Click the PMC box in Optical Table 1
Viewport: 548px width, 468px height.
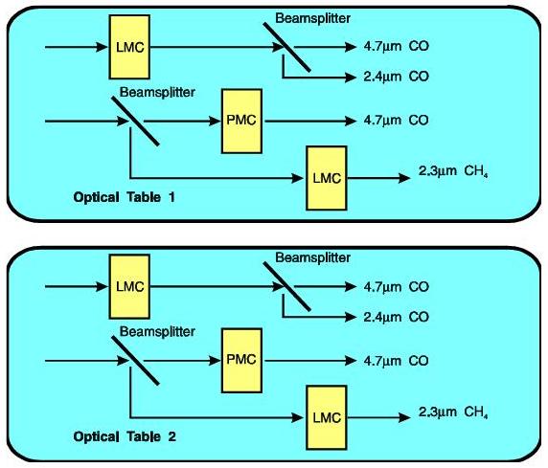pyautogui.click(x=241, y=121)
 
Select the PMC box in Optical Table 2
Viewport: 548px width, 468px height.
pyautogui.click(x=241, y=360)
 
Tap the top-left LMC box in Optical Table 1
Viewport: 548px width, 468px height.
pyautogui.click(x=129, y=47)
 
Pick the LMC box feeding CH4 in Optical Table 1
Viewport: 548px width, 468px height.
pyautogui.click(x=327, y=178)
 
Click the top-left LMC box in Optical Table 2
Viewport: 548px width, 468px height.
pyautogui.click(x=129, y=286)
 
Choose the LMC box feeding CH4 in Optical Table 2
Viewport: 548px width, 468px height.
pyautogui.click(x=327, y=417)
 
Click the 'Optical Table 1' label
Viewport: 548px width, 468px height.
pyautogui.click(x=125, y=197)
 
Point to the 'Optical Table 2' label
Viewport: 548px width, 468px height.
pyautogui.click(x=125, y=436)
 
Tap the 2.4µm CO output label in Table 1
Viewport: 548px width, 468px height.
pyautogui.click(x=396, y=77)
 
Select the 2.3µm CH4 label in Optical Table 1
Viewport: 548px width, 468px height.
pyautogui.click(x=453, y=171)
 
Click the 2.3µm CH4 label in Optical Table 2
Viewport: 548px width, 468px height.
pyautogui.click(x=453, y=412)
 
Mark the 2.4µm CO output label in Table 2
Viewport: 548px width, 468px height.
pyautogui.click(x=396, y=317)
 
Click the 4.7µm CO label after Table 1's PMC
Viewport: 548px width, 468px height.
pyautogui.click(x=396, y=121)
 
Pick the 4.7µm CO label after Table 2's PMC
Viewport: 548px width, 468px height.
pyautogui.click(x=396, y=361)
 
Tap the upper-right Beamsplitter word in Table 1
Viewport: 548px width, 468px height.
pyautogui.click(x=312, y=18)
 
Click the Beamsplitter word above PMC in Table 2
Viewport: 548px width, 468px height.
pyautogui.click(x=157, y=331)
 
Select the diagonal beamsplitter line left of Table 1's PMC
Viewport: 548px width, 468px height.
pyautogui.click(x=135, y=121)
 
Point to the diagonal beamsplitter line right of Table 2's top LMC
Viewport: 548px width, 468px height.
pyautogui.click(x=286, y=286)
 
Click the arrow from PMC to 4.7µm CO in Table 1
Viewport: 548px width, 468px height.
pyautogui.click(x=309, y=121)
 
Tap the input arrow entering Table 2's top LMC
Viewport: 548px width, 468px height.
pyautogui.click(x=77, y=286)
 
